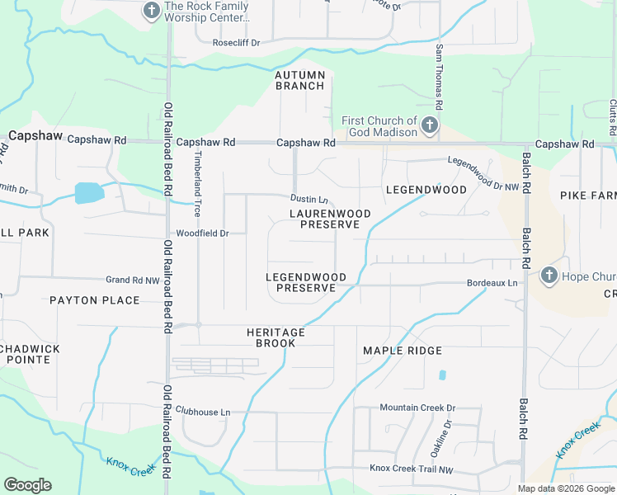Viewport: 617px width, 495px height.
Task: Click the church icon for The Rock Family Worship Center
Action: [152, 11]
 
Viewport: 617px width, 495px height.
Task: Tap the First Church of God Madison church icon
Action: [429, 126]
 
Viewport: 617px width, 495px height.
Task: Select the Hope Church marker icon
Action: [549, 276]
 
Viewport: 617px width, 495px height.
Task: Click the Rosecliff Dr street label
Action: [236, 43]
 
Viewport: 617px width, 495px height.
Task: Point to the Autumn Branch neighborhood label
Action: [300, 80]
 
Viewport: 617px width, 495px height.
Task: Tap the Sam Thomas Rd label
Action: [440, 78]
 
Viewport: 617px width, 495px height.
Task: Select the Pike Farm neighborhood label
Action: [588, 196]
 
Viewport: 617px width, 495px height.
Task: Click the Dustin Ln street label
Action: [309, 200]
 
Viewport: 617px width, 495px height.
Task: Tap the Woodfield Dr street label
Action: [201, 233]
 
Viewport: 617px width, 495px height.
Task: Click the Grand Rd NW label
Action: [133, 280]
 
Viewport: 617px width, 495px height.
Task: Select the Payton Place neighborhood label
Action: [94, 300]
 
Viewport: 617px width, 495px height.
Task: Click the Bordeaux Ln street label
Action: [492, 283]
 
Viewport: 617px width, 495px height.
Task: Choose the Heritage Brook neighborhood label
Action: [276, 337]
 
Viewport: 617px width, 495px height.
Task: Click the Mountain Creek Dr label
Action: [417, 408]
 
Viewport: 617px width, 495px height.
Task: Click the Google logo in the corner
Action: [27, 485]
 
